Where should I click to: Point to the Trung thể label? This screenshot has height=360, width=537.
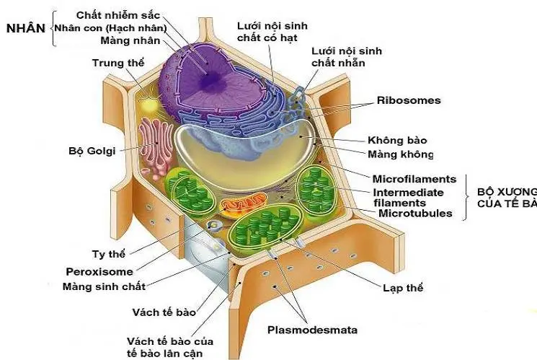coord(118,63)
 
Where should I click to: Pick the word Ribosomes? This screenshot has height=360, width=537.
coord(409,100)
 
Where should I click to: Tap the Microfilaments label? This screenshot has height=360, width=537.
coord(414,178)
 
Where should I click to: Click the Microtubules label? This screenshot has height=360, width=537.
coord(415,213)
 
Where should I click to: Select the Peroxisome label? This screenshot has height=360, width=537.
coord(99,272)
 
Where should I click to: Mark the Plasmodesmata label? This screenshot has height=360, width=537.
coord(313,330)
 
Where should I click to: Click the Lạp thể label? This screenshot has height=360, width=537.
coord(403,288)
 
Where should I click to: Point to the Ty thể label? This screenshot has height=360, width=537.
coord(109,255)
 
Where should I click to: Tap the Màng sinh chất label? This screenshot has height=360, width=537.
coord(105,286)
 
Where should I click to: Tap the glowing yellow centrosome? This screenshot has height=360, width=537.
coord(150,105)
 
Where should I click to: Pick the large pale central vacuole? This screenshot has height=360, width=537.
coord(245,155)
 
